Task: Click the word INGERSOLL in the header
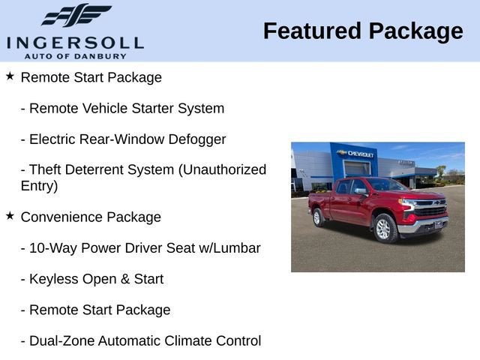(75, 42)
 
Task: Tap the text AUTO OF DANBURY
(75, 55)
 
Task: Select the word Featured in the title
(312, 31)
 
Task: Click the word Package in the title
(416, 31)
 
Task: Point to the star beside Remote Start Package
(10, 76)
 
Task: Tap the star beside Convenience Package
(10, 216)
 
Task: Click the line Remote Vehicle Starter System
(122, 108)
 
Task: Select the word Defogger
(196, 139)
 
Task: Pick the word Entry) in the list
(40, 186)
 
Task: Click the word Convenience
(61, 217)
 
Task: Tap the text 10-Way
(52, 248)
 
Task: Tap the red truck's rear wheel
(318, 217)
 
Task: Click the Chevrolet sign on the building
(356, 153)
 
